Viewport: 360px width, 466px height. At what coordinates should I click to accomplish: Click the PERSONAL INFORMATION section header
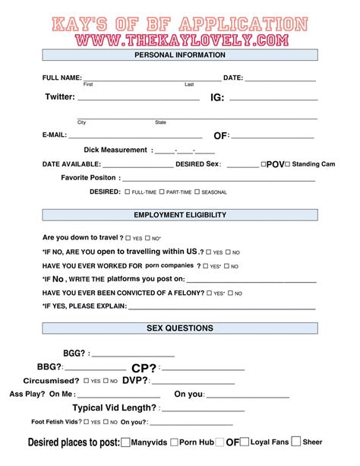[x=179, y=55]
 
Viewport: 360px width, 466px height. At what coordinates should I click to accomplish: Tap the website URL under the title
[x=180, y=37]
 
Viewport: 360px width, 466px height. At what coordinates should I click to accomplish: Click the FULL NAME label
[x=62, y=78]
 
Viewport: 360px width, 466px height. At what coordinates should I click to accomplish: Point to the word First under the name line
[x=88, y=84]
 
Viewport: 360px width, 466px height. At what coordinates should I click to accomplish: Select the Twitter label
[x=60, y=97]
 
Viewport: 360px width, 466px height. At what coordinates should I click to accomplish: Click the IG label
[x=217, y=97]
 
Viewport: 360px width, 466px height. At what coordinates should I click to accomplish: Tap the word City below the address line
[x=82, y=122]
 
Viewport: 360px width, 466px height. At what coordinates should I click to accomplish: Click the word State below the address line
[x=160, y=122]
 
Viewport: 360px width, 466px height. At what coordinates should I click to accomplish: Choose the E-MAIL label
[x=55, y=135]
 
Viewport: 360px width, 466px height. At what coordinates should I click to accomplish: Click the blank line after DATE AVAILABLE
[x=137, y=165]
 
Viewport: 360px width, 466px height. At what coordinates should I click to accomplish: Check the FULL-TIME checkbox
[x=126, y=192]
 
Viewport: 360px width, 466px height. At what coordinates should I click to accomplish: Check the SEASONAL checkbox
[x=197, y=192]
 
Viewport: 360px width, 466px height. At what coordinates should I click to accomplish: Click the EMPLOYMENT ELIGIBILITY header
[x=179, y=215]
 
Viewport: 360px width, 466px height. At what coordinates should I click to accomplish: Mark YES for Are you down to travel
[x=129, y=238]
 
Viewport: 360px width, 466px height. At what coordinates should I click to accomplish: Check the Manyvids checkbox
[x=125, y=442]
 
